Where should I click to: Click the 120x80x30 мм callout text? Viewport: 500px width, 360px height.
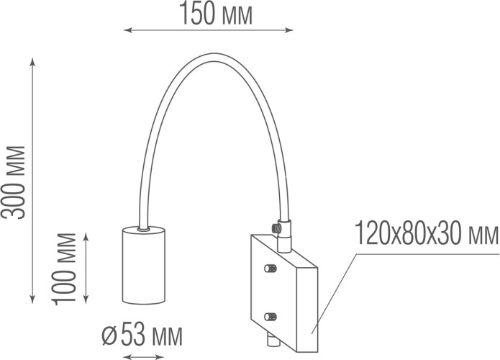tap(427, 234)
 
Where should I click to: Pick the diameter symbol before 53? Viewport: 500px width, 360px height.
tap(110, 335)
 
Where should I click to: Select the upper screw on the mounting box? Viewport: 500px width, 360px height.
tap(271, 269)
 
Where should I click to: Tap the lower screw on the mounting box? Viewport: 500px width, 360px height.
tap(271, 316)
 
